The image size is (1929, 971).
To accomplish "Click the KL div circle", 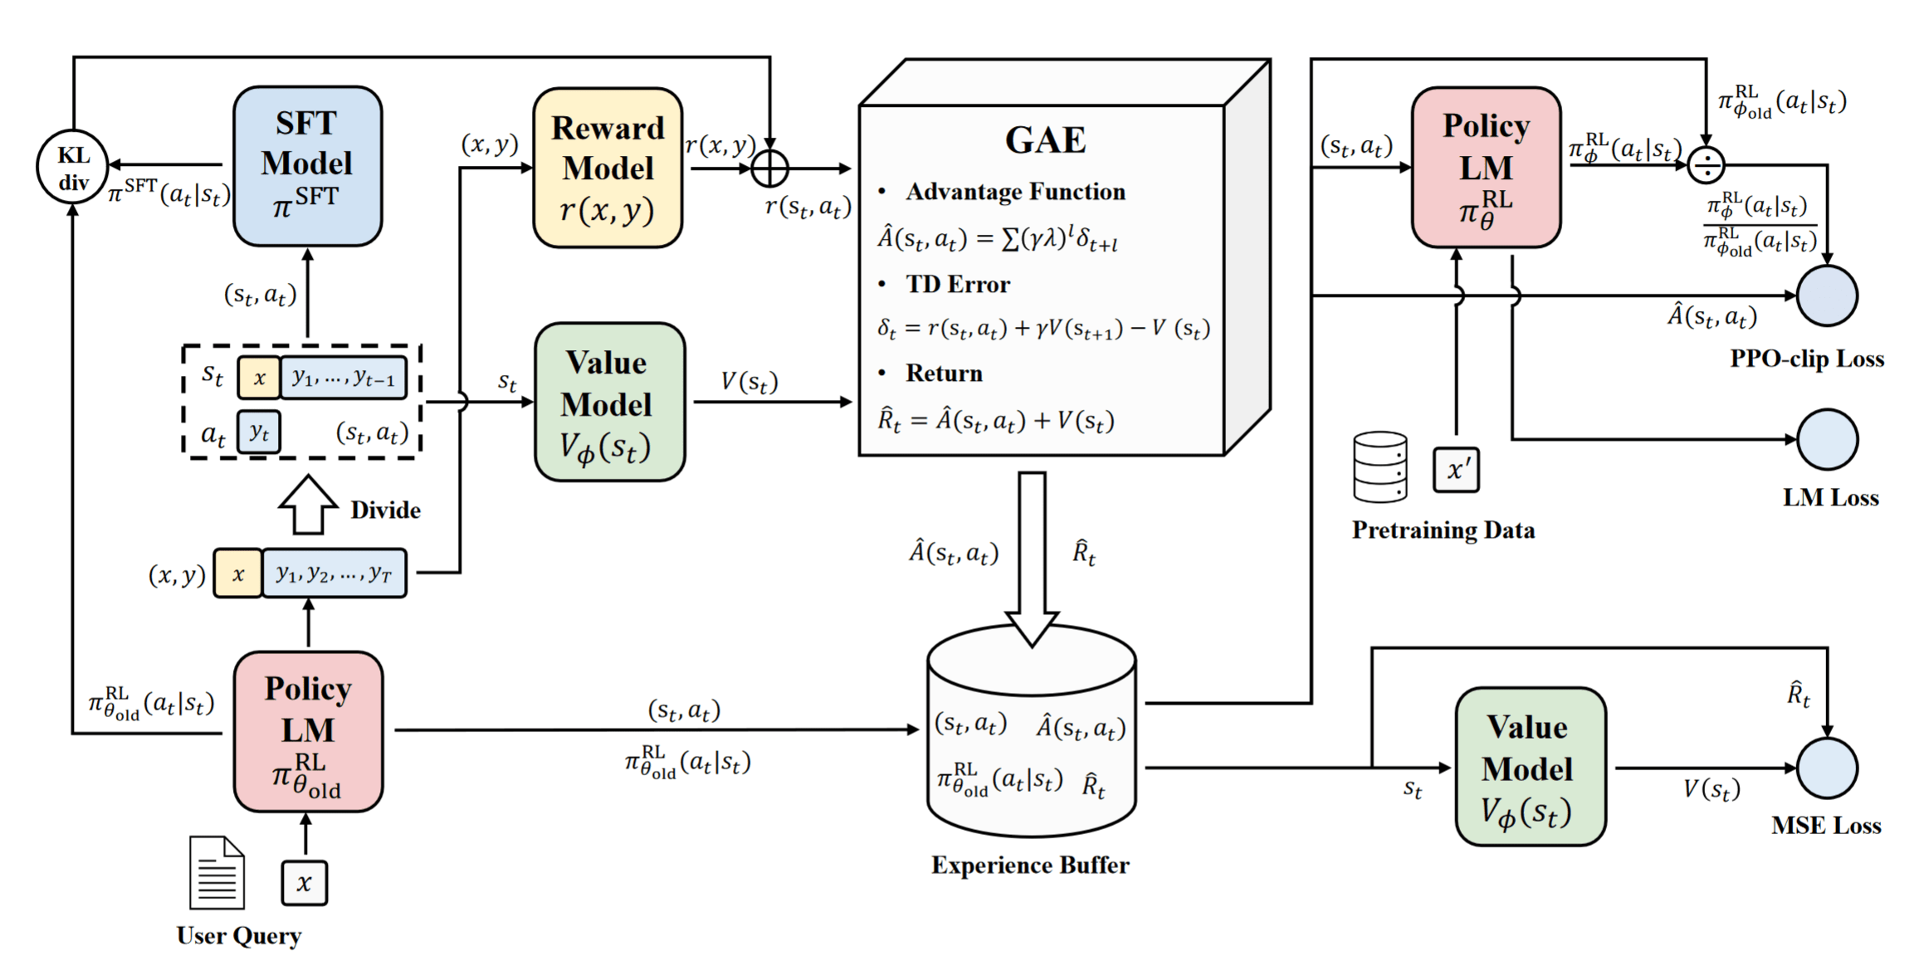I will (x=73, y=167).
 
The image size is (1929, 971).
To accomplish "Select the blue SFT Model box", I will (x=307, y=166).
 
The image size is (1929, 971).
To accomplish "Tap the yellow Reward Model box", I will (x=608, y=168).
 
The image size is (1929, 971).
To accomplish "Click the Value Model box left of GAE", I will (x=609, y=403).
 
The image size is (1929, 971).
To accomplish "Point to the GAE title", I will (x=1045, y=139).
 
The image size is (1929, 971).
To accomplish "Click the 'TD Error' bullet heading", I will (x=957, y=285).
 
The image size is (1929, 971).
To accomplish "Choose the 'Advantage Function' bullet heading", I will (x=1014, y=192).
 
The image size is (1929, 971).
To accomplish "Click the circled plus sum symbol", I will (x=769, y=168).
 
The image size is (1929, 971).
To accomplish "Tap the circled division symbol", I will (x=1706, y=166).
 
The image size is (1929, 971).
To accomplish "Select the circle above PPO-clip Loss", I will (x=1827, y=295).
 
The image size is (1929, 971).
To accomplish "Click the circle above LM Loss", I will (x=1827, y=439).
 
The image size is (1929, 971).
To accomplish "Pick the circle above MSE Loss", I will (x=1827, y=768).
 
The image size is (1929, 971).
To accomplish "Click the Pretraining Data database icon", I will (x=1380, y=466).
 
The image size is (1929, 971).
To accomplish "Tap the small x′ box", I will (x=1456, y=470).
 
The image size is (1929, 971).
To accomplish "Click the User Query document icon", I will (x=217, y=872).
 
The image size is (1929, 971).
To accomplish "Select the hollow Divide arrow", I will (x=308, y=505).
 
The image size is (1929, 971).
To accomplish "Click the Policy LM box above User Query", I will (x=308, y=731).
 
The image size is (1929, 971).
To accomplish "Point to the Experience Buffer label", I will (x=1029, y=866).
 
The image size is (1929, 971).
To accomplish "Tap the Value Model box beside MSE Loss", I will (x=1530, y=767).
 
